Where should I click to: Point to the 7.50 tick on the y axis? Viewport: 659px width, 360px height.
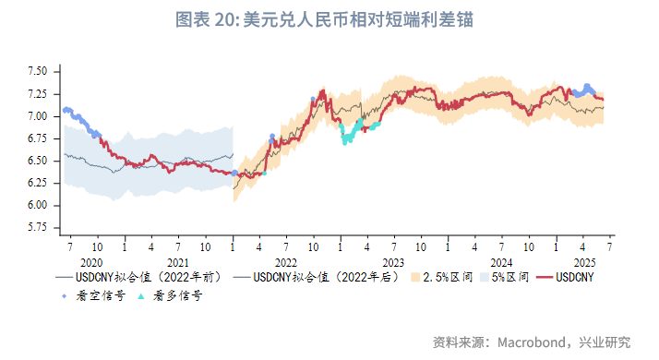(37, 71)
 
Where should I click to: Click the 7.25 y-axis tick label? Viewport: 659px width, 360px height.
(37, 93)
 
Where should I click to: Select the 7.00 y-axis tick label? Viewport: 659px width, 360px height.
(37, 116)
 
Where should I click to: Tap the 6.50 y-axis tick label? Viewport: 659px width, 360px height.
(37, 161)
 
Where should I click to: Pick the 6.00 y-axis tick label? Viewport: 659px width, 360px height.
(37, 205)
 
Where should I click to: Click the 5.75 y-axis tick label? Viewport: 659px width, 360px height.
(37, 227)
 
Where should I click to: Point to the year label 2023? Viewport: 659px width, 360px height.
(394, 261)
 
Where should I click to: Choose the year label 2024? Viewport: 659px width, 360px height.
(501, 261)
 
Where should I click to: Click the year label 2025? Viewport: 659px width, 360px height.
(582, 261)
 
